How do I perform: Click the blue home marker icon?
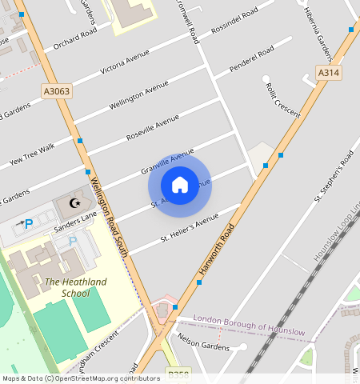pos(180,185)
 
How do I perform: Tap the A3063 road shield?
pos(57,91)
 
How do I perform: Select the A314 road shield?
pos(328,73)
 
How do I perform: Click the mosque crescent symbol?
pos(77,203)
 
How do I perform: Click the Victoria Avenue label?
pos(125,61)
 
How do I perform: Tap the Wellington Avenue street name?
pos(139,96)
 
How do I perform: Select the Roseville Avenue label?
pos(153,128)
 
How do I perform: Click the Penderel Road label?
pos(251,59)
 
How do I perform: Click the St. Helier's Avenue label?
pos(190,228)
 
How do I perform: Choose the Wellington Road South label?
pos(110,216)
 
